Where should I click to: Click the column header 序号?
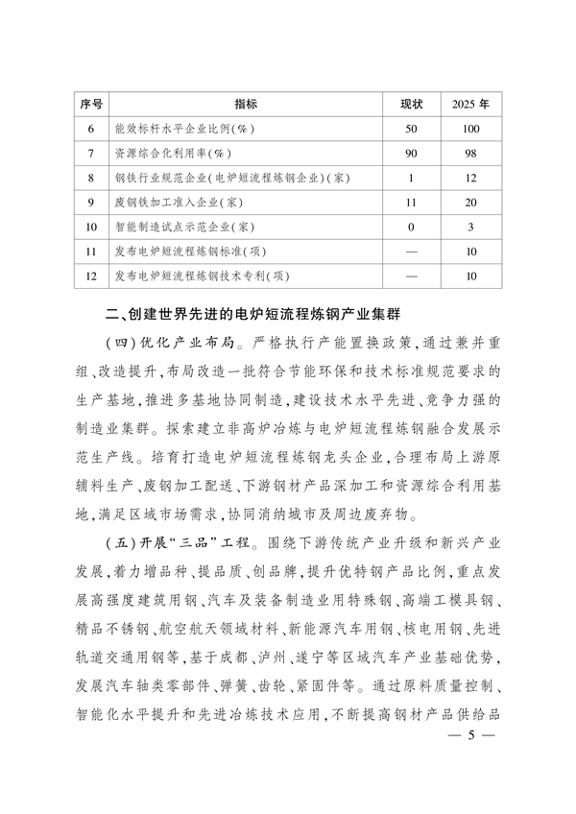(x=91, y=103)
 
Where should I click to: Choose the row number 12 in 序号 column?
(x=91, y=276)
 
